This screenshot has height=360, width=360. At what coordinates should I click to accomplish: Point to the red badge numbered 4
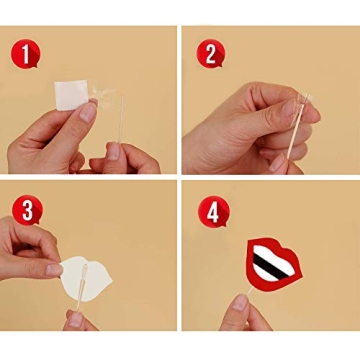click(x=210, y=211)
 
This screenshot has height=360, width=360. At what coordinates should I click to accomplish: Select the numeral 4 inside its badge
click(x=210, y=211)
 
